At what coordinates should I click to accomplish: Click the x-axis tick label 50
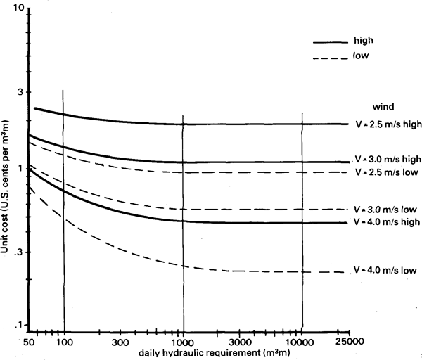(30, 342)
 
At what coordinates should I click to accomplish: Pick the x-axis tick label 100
(64, 342)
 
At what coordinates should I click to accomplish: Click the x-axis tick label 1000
(182, 342)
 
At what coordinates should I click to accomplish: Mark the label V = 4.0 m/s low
(386, 270)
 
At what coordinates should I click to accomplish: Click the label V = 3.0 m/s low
(386, 210)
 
